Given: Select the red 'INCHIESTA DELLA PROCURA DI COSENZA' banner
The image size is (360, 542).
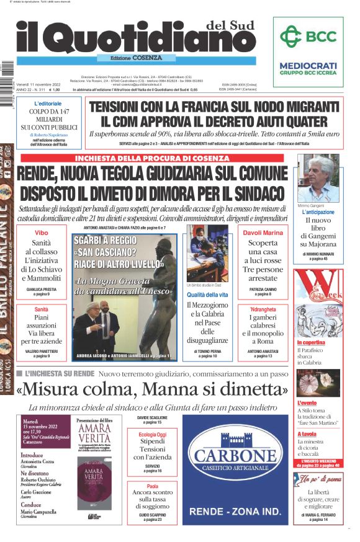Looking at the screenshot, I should pyautogui.click(x=151, y=158).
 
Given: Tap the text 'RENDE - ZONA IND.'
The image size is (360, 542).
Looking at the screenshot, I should pyautogui.click(x=235, y=512).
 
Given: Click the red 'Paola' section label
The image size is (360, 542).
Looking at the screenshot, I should pyautogui.click(x=152, y=486).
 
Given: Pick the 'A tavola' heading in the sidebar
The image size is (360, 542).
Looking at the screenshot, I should pyautogui.click(x=307, y=434).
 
